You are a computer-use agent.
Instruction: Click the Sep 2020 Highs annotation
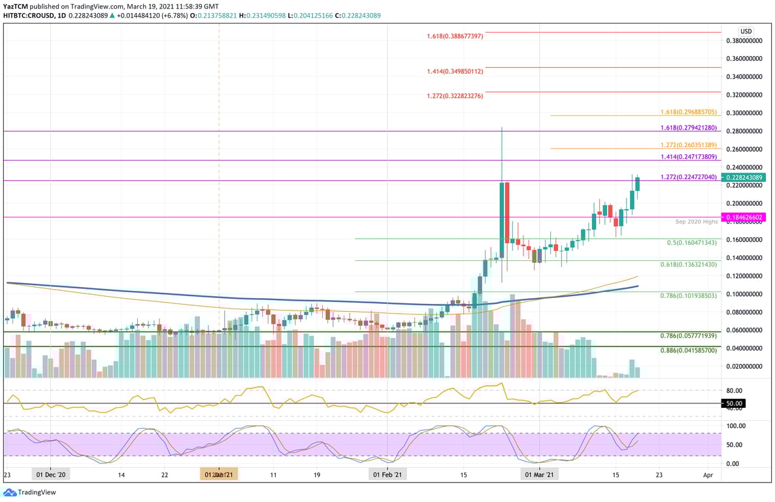point(697,222)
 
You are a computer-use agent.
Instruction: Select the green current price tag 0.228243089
point(744,178)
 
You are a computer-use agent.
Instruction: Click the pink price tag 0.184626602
point(744,217)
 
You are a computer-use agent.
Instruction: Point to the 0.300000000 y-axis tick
point(744,113)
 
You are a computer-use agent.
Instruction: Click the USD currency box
point(746,31)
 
